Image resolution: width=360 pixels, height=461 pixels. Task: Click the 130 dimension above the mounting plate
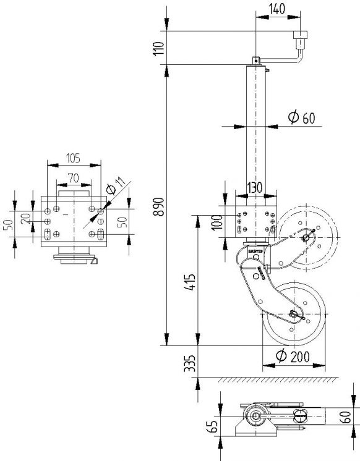tap(254, 187)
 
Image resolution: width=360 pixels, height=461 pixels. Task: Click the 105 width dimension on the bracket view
tap(74, 159)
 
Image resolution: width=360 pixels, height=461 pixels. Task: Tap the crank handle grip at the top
tap(301, 42)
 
